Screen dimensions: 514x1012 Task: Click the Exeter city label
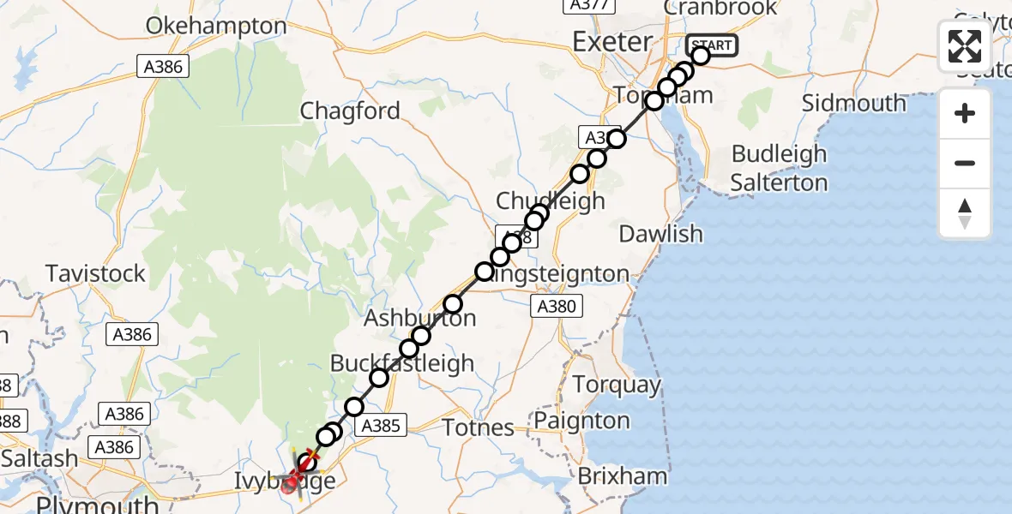(612, 41)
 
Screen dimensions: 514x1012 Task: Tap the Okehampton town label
(215, 26)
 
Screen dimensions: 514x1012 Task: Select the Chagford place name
(350, 111)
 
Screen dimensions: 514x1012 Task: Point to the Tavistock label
(95, 274)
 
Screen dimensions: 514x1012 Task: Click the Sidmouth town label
(853, 104)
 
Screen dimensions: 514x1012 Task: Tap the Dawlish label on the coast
(660, 233)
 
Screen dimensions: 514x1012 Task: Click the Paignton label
(581, 421)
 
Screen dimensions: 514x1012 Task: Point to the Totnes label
(478, 427)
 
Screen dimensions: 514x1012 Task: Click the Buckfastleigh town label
(402, 363)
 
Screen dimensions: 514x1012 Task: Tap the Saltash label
(39, 458)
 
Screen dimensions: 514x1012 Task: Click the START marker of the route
(711, 45)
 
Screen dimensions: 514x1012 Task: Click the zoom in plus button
(965, 113)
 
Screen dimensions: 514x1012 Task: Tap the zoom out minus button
(965, 163)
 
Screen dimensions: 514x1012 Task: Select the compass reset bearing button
(965, 212)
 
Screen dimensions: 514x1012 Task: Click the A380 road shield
(557, 306)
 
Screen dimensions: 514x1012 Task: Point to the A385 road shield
(381, 425)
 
